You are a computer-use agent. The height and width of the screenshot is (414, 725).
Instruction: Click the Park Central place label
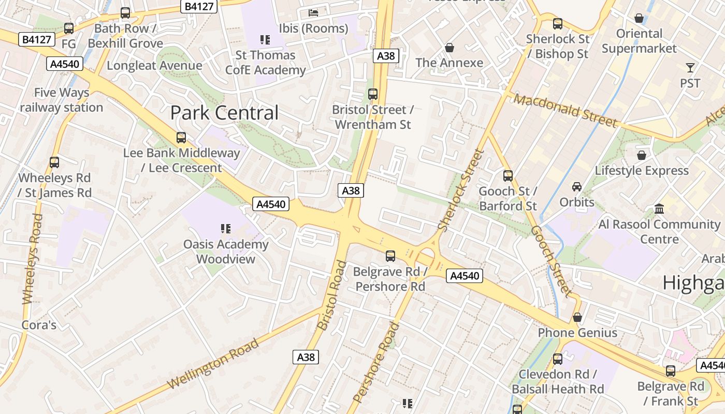[x=224, y=113]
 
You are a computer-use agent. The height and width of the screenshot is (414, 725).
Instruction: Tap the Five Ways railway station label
[x=62, y=100]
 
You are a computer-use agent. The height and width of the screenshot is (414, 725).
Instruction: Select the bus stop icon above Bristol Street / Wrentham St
[x=372, y=94]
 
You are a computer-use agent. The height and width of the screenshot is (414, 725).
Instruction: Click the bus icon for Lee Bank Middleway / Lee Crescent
[x=181, y=138]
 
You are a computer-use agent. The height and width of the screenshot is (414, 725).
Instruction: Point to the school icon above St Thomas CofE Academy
[x=265, y=40]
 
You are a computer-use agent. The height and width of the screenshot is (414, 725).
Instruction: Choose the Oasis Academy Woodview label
[x=226, y=252]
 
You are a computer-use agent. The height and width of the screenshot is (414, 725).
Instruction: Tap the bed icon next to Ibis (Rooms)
[x=313, y=12]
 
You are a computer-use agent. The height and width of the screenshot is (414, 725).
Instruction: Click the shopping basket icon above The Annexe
[x=449, y=48]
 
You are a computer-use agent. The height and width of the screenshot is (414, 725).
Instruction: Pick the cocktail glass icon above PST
[x=690, y=68]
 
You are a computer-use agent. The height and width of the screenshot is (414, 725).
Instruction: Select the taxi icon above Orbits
[x=576, y=186]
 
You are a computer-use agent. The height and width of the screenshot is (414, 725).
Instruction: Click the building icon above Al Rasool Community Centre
[x=659, y=209]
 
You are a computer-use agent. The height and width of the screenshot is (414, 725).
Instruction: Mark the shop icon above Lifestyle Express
[x=642, y=155]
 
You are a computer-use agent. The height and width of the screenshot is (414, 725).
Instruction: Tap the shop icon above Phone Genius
[x=577, y=317]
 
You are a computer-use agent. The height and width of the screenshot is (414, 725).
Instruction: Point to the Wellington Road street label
[x=213, y=364]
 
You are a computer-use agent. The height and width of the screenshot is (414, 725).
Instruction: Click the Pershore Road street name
[x=376, y=362]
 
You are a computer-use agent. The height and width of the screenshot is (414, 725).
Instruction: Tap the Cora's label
[x=39, y=325]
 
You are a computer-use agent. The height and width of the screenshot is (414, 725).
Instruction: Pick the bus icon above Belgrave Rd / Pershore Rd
[x=390, y=256]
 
